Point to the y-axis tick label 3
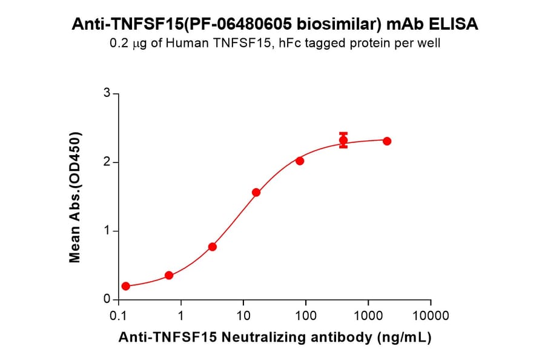[x=107, y=93]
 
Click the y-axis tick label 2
[x=107, y=162]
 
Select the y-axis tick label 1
[x=107, y=231]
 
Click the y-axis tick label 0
[x=107, y=299]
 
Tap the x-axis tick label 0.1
[x=118, y=316]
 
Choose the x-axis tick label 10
[x=243, y=316]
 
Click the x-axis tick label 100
[x=305, y=316]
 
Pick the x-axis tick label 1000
[x=368, y=316]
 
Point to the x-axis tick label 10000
[x=430, y=316]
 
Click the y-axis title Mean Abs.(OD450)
[x=75, y=196]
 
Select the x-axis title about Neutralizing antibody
[x=274, y=338]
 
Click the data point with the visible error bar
[x=343, y=141]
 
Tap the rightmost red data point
[x=387, y=141]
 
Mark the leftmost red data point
[x=125, y=286]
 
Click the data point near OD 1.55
[x=256, y=193]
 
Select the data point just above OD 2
[x=300, y=161]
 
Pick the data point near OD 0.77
[x=213, y=247]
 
